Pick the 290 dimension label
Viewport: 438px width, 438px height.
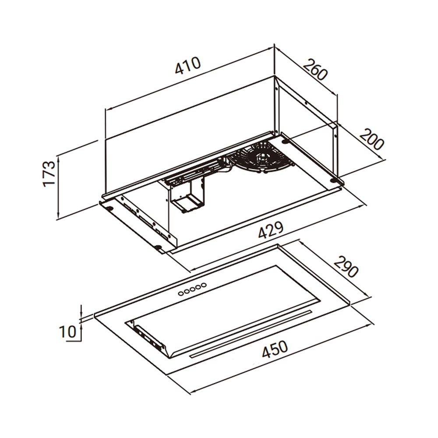click(x=346, y=266)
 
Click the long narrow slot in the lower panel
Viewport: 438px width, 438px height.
click(x=250, y=334)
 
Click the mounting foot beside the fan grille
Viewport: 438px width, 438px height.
click(x=285, y=141)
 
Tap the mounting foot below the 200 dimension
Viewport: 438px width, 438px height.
click(x=335, y=180)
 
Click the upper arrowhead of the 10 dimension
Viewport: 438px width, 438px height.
click(x=81, y=312)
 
